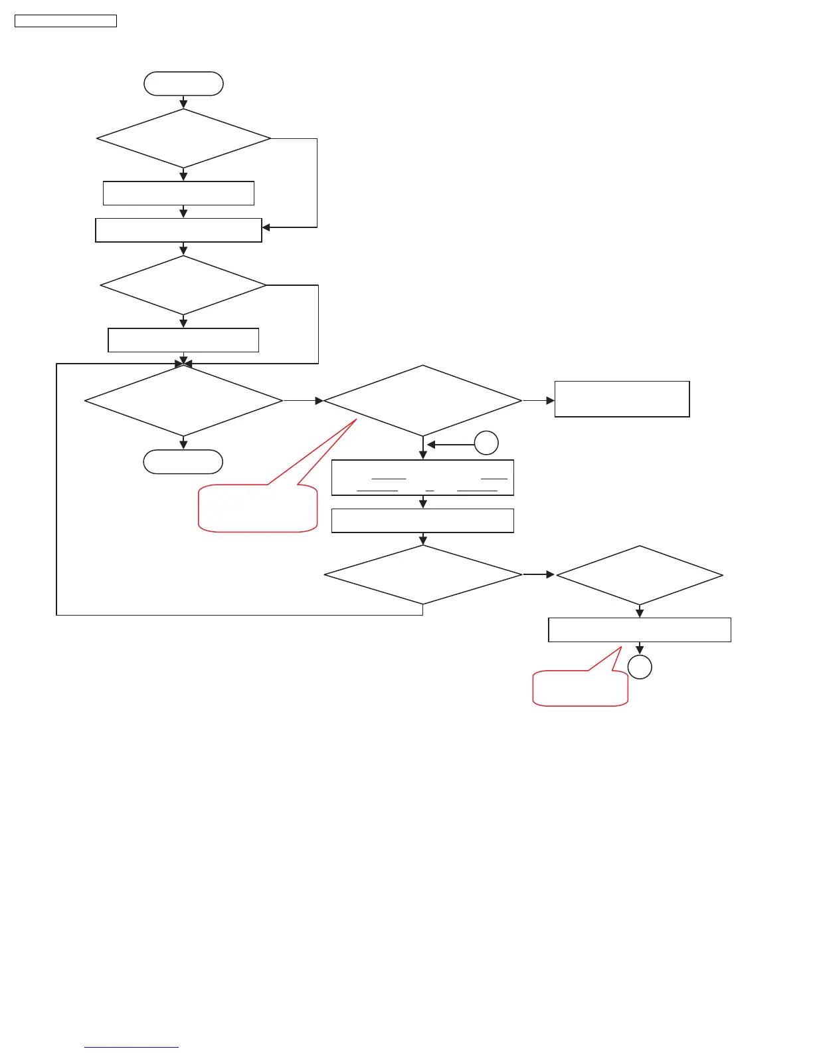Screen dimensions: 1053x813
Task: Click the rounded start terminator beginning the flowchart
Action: point(183,84)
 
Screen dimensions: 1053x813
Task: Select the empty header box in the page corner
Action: point(66,21)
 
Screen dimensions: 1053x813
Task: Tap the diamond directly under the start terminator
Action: point(183,138)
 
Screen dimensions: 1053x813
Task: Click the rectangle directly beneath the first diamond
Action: point(179,193)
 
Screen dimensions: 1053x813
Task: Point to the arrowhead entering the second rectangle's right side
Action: point(266,227)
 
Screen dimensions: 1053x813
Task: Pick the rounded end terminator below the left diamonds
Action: point(183,462)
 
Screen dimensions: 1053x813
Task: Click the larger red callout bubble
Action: point(258,509)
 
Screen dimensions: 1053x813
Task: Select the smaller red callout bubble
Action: point(580,689)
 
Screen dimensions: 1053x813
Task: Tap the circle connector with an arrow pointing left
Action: point(486,443)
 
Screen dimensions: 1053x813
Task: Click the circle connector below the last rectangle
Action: point(640,667)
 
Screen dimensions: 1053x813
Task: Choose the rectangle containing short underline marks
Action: point(422,477)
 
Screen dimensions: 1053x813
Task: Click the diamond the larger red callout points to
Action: point(422,401)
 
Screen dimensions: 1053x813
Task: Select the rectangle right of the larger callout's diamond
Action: point(622,399)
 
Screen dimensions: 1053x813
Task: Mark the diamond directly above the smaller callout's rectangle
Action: point(639,576)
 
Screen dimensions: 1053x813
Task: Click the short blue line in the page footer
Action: point(132,1048)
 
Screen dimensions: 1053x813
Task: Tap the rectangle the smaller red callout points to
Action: point(639,630)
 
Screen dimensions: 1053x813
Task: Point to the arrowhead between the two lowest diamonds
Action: point(550,574)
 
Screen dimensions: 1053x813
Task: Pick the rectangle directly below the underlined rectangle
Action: point(422,521)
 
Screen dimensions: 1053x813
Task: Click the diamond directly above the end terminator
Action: point(183,401)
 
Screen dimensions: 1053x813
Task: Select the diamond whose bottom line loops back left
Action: point(422,575)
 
